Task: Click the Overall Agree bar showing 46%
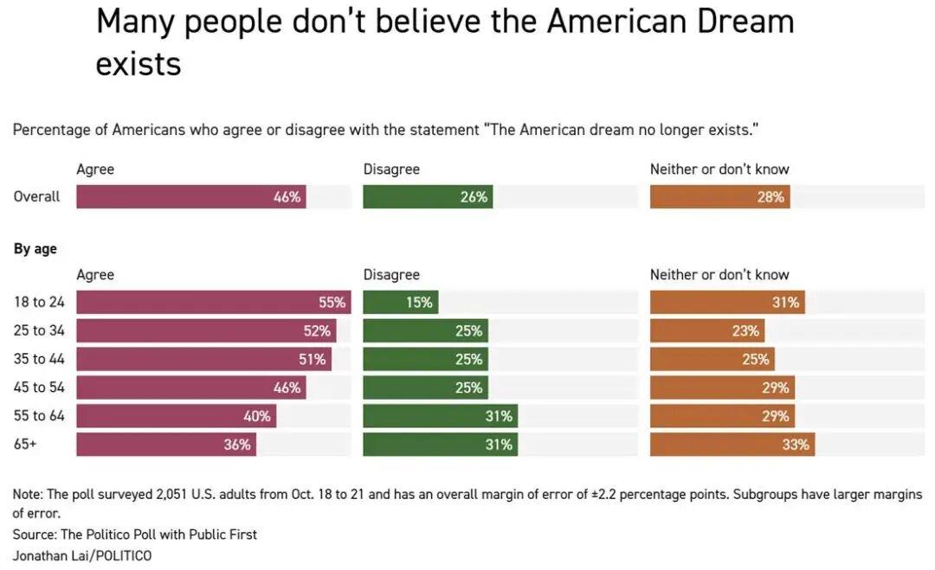(x=190, y=196)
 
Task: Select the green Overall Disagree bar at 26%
(x=428, y=196)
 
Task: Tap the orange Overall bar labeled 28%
(x=719, y=196)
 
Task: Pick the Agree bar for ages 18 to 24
(x=213, y=302)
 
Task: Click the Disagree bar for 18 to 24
(x=400, y=302)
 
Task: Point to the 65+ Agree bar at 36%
(x=166, y=445)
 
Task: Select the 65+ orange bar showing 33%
(x=732, y=445)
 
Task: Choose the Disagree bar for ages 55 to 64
(x=440, y=416)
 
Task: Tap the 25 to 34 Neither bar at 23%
(x=707, y=330)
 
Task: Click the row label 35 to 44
(x=39, y=359)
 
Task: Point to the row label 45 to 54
(x=39, y=387)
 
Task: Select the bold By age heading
(x=35, y=249)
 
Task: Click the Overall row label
(x=37, y=196)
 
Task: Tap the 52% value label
(x=317, y=330)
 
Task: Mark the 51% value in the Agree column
(x=313, y=359)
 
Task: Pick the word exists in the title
(x=139, y=65)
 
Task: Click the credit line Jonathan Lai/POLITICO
(x=82, y=555)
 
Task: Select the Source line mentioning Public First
(x=135, y=535)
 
